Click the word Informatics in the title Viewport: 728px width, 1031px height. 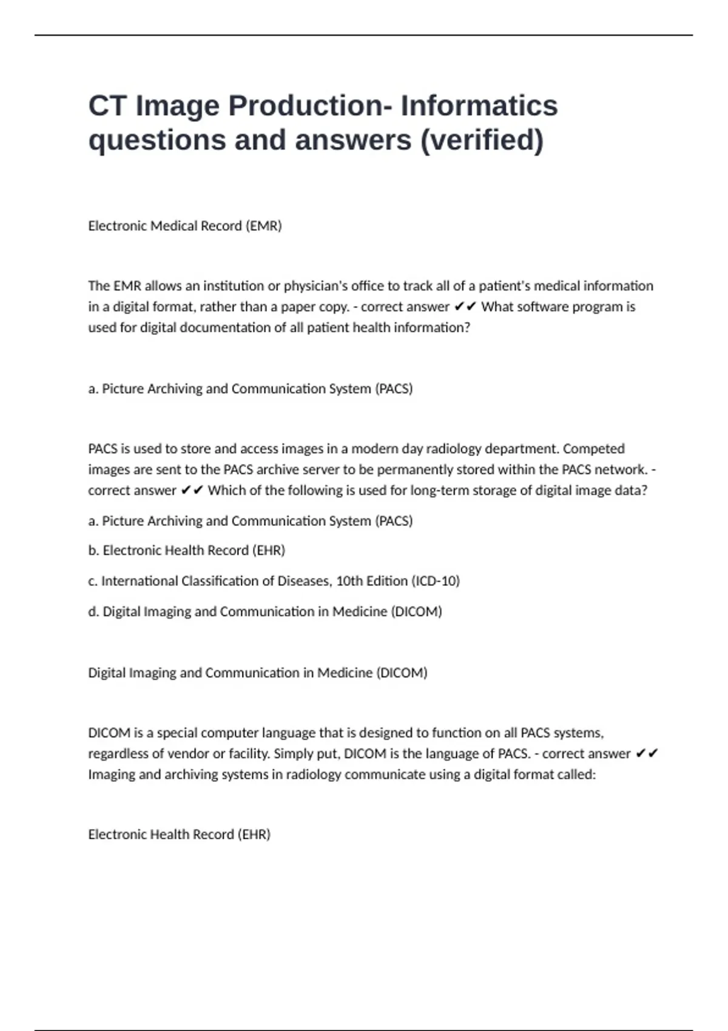click(x=479, y=106)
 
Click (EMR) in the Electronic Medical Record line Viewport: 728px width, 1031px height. click(x=263, y=226)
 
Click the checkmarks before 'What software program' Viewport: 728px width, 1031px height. click(x=465, y=307)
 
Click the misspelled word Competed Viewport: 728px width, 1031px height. click(x=594, y=449)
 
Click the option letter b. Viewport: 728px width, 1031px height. click(x=93, y=550)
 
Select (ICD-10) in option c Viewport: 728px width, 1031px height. click(x=436, y=581)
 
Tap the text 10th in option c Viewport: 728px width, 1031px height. click(x=349, y=581)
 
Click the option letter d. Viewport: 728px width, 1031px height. click(x=93, y=611)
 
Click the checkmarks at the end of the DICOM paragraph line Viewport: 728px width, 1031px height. click(x=647, y=754)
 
